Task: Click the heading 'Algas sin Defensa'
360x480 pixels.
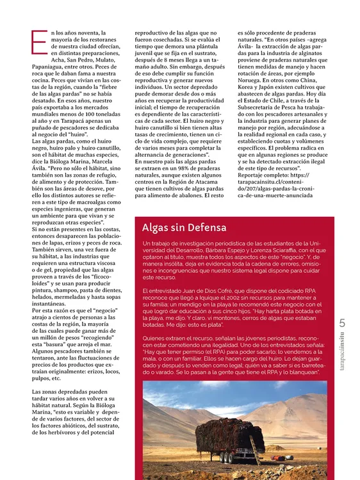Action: (184, 228)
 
